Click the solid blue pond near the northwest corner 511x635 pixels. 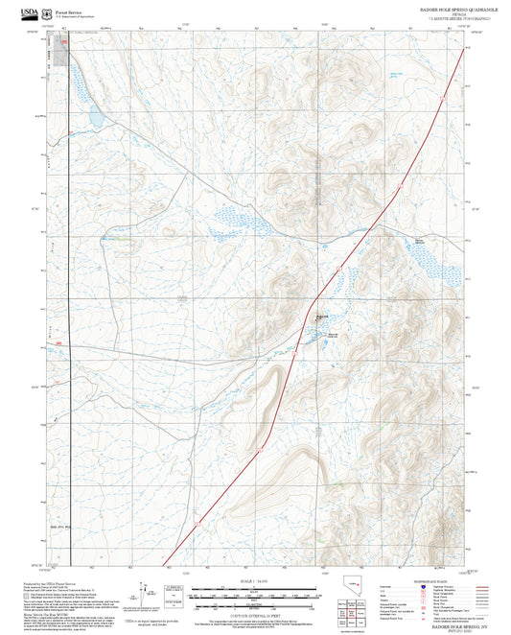coord(96,117)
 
